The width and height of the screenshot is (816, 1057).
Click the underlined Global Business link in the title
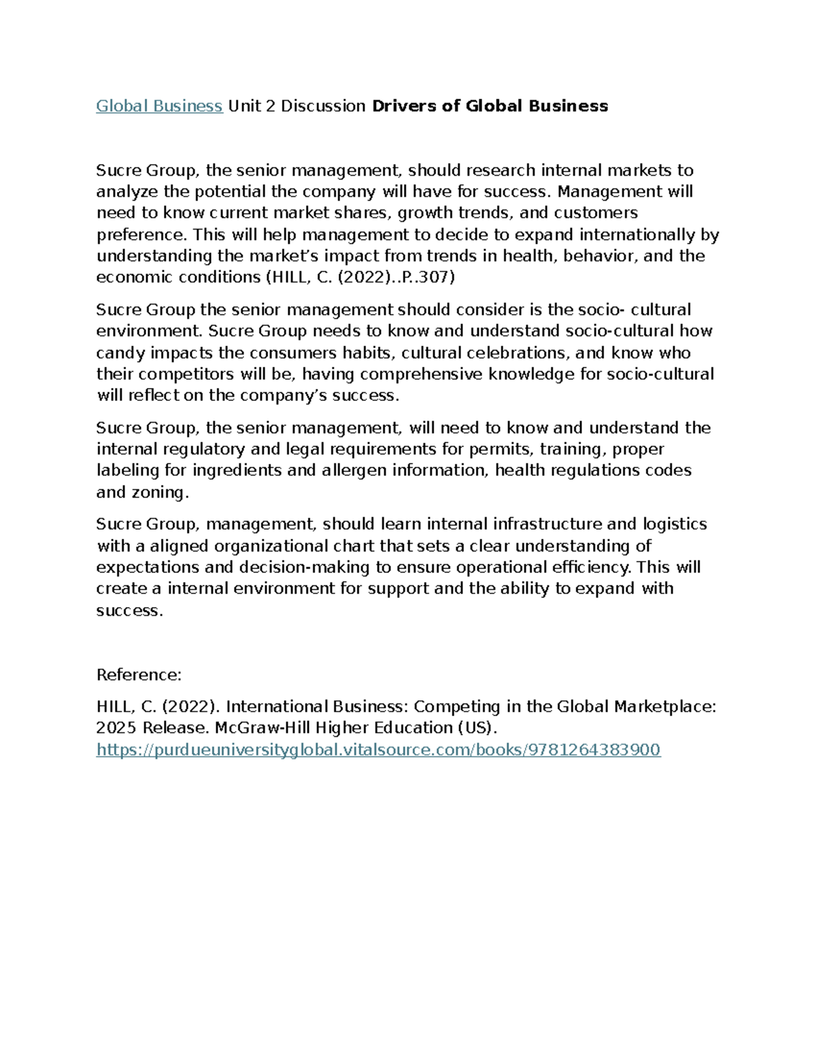click(159, 105)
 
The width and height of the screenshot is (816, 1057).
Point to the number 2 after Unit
click(270, 105)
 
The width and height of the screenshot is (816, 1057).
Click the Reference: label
click(139, 674)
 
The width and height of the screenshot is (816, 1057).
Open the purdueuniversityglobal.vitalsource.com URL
click(378, 749)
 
